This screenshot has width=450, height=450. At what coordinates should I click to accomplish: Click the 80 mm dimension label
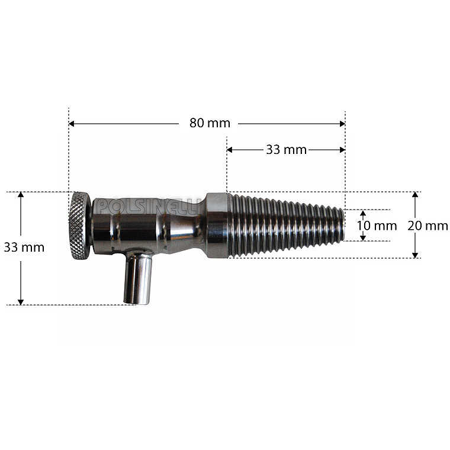pyautogui.click(x=210, y=123)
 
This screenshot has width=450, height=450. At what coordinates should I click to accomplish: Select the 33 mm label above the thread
pyautogui.click(x=286, y=150)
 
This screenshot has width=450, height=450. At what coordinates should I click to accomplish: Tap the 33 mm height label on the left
pyautogui.click(x=24, y=247)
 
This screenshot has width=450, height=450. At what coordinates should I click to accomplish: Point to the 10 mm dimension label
pyautogui.click(x=377, y=226)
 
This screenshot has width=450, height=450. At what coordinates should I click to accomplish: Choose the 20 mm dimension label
pyautogui.click(x=427, y=226)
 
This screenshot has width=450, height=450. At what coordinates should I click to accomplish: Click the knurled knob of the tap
pyautogui.click(x=79, y=226)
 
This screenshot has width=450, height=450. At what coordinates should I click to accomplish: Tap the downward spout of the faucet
pyautogui.click(x=137, y=277)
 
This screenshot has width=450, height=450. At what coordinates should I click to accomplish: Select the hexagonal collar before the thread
pyautogui.click(x=217, y=225)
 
